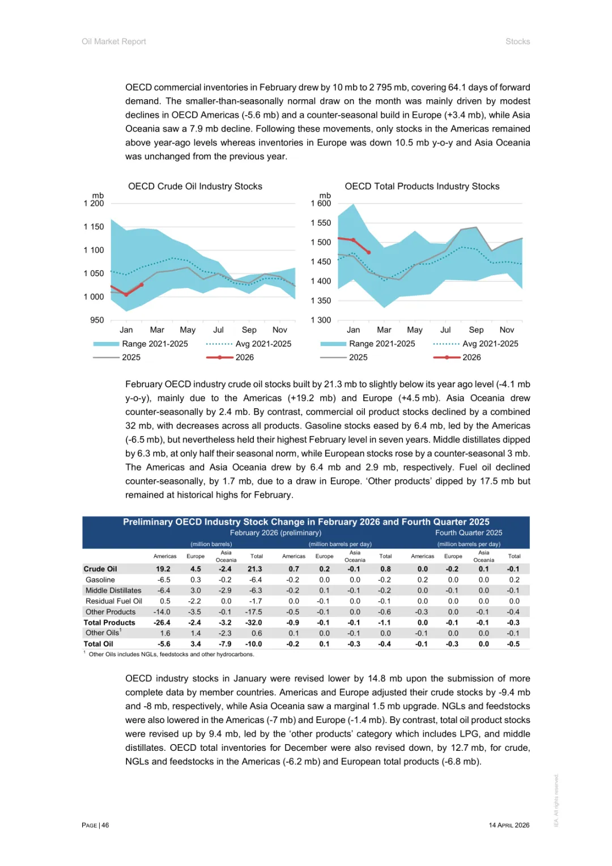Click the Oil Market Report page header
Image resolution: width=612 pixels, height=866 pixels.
(x=114, y=41)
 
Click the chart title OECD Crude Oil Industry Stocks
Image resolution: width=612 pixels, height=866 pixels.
(x=195, y=186)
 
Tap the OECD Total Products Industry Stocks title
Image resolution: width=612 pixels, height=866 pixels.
(x=422, y=186)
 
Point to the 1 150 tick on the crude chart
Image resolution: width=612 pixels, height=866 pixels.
(x=94, y=226)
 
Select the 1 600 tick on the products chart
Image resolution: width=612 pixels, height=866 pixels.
(x=321, y=203)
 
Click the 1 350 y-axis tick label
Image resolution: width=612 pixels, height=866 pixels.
(x=321, y=301)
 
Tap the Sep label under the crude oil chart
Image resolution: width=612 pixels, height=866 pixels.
(x=249, y=329)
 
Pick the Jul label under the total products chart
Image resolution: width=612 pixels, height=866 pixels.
(x=445, y=329)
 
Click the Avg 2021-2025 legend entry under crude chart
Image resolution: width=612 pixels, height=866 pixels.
(x=263, y=344)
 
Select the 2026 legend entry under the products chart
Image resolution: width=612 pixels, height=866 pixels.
(x=471, y=357)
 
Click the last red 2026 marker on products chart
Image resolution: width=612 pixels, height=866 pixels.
(x=369, y=252)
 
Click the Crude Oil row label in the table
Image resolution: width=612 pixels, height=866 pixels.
(x=100, y=569)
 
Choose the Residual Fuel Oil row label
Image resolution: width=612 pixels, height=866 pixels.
(x=114, y=601)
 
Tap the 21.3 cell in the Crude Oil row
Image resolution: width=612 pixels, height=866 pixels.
(x=255, y=569)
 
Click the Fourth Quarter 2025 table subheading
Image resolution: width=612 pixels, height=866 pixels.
(x=469, y=533)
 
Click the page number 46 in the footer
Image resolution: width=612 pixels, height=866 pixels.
(x=105, y=825)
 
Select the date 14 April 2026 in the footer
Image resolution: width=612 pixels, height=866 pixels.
(x=509, y=825)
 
